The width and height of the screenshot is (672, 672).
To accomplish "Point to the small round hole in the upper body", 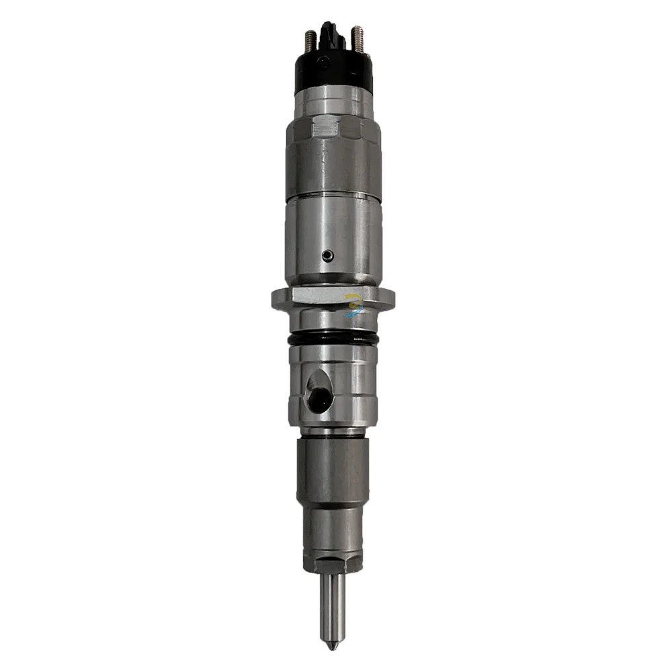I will click(x=327, y=255).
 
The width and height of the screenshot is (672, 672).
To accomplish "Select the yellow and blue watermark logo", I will click(x=353, y=304).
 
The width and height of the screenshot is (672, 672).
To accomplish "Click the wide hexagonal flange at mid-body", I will click(x=333, y=299).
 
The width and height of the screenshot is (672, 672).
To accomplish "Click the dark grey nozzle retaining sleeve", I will click(x=333, y=470).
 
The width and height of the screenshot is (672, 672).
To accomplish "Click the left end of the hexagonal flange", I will click(x=276, y=299).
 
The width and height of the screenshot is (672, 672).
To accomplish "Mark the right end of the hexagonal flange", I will click(x=390, y=299).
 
